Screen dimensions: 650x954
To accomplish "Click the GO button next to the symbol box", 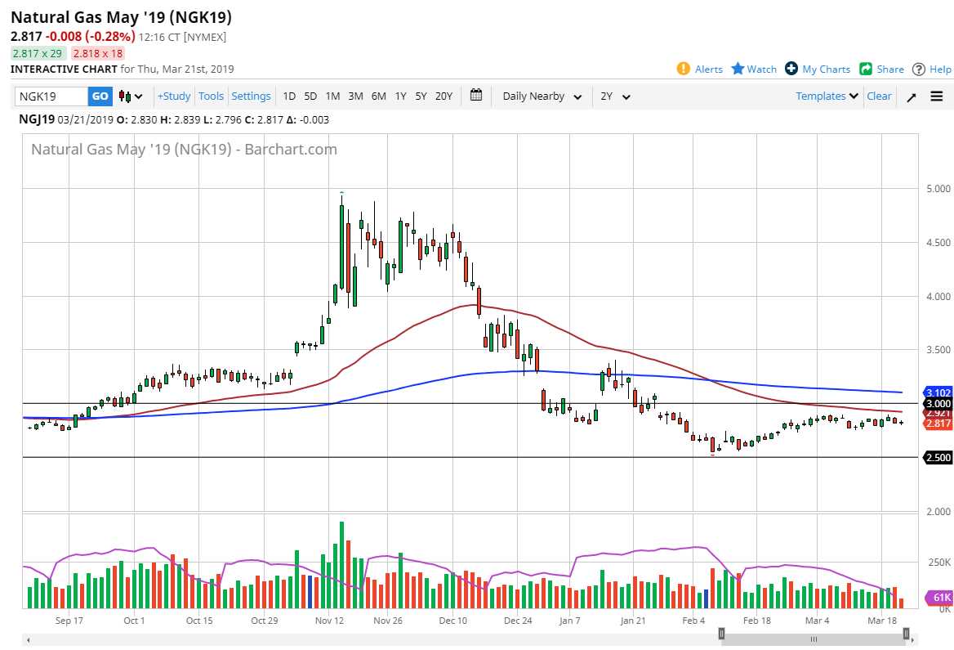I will (100, 96).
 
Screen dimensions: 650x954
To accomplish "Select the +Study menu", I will (174, 96).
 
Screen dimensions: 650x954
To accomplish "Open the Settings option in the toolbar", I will (251, 96).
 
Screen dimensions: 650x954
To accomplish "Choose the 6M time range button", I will (378, 96).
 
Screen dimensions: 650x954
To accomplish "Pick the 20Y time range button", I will (444, 96).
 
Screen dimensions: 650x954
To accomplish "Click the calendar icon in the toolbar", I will (477, 96).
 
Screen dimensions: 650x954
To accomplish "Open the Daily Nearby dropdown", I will (542, 96).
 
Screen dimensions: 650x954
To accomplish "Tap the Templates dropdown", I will (827, 96).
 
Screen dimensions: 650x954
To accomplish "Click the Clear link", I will (879, 96).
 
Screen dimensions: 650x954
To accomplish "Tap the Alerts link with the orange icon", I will (700, 69).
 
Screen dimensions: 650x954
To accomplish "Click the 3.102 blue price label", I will (938, 392).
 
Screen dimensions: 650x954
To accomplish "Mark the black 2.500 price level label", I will (938, 458).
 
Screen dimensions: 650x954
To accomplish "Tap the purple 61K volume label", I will (939, 598).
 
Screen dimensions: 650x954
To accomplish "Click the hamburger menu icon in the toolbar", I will (936, 96).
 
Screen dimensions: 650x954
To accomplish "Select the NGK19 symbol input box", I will (51, 96).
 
